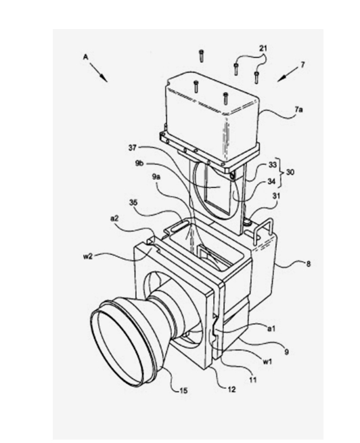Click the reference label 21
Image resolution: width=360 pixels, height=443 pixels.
263,48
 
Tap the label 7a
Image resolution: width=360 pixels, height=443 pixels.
298,110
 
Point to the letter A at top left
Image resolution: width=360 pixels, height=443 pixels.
86,57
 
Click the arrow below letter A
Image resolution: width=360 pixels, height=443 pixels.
99,72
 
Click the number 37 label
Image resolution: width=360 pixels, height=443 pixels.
133,147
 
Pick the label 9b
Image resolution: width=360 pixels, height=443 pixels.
140,164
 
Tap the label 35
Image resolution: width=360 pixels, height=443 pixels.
133,202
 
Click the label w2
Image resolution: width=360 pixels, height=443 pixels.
87,256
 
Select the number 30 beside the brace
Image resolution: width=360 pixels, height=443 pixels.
290,172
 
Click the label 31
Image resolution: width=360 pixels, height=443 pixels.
275,195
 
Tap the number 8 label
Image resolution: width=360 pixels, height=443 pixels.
309,264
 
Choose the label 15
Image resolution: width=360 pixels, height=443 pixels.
183,391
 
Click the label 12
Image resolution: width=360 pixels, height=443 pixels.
231,390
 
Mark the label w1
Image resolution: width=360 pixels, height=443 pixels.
267,362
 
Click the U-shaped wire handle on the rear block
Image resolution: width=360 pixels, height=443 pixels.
263,225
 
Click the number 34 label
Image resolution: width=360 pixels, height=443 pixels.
272,182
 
